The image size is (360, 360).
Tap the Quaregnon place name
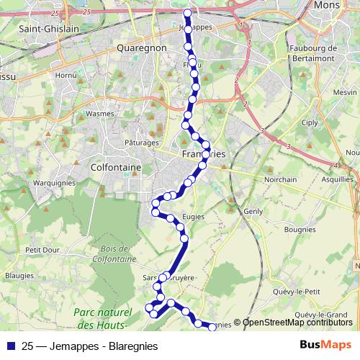pos(141,48)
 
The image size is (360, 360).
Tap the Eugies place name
pos(194,217)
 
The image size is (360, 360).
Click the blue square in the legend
pos(10,346)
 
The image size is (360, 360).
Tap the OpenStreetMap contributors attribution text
pos(297,323)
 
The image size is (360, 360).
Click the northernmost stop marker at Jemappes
pos(188,13)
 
